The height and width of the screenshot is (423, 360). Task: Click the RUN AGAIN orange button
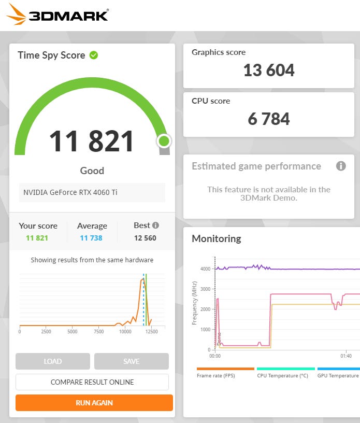tap(94, 403)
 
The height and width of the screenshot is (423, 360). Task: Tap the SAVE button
tap(131, 361)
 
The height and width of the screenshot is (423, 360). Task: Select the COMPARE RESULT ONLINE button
tap(92, 382)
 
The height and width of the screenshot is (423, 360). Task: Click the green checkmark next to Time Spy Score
tap(94, 55)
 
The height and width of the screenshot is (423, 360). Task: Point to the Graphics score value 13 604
tap(269, 70)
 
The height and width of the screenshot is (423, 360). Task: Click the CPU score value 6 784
tap(269, 119)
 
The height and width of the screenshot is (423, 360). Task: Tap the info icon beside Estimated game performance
tap(341, 166)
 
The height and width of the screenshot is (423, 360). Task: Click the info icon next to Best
tap(155, 225)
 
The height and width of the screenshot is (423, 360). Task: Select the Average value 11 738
tap(91, 238)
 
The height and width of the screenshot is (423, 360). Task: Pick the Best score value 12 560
tap(145, 238)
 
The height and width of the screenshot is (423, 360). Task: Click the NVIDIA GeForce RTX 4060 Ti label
tap(70, 192)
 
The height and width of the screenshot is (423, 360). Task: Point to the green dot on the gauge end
tap(164, 140)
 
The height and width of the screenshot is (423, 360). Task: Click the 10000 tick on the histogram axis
tap(125, 332)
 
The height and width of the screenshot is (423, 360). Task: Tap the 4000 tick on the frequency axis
tap(205, 269)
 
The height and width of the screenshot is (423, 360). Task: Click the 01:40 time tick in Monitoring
tap(346, 356)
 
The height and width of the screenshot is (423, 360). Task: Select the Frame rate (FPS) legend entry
tap(215, 375)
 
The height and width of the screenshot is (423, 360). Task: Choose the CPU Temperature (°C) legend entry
tap(282, 375)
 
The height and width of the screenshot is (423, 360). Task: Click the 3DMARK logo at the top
tap(57, 15)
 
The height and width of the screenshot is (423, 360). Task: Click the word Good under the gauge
tap(92, 171)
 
